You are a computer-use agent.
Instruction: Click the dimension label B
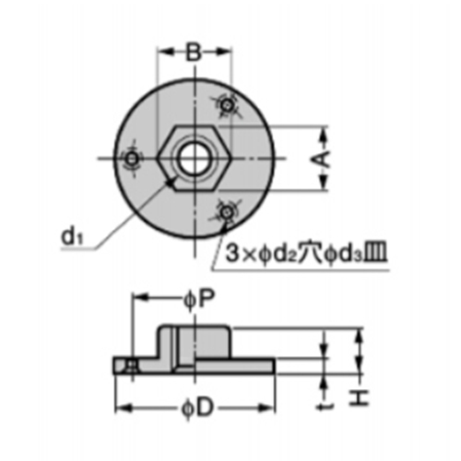(193, 53)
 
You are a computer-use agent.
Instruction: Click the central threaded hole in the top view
(193, 156)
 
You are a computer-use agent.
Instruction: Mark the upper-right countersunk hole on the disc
(226, 108)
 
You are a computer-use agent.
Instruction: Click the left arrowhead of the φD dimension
(117, 408)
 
